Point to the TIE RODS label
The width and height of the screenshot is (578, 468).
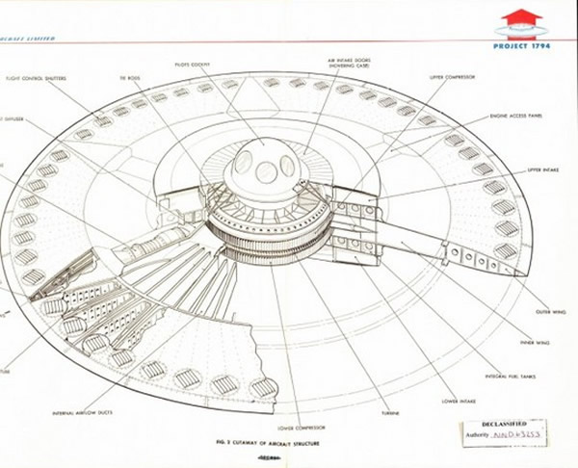pos(130,76)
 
